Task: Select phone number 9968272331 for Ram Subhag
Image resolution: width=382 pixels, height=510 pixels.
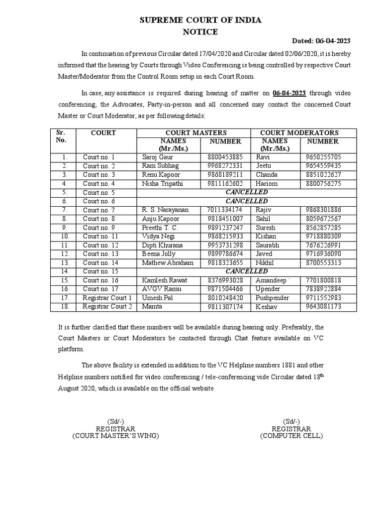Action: click(225, 166)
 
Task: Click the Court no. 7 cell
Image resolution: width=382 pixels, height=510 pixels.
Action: click(98, 210)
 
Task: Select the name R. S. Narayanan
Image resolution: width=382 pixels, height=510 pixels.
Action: click(165, 210)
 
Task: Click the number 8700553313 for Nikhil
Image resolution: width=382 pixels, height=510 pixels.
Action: click(324, 262)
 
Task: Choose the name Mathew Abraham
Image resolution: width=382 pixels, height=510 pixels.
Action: click(164, 262)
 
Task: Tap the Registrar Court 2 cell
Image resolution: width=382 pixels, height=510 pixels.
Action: click(107, 307)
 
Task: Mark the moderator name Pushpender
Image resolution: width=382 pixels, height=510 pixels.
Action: click(272, 298)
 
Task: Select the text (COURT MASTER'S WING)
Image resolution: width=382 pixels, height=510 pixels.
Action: click(115, 436)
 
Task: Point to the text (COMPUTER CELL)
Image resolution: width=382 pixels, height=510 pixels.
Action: click(291, 436)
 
